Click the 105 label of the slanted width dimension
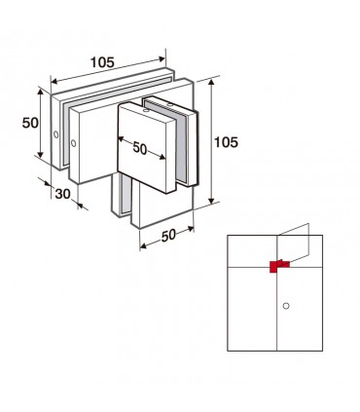[x=102, y=62]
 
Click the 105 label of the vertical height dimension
[x=226, y=142]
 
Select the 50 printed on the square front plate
[x=140, y=148]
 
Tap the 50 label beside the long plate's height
[x=30, y=123]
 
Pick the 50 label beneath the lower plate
[x=168, y=235]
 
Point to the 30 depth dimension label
[x=62, y=194]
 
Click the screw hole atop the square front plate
[x=146, y=111]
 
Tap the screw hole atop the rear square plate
[x=169, y=105]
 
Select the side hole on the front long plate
[x=74, y=143]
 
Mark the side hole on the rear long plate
[x=56, y=134]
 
